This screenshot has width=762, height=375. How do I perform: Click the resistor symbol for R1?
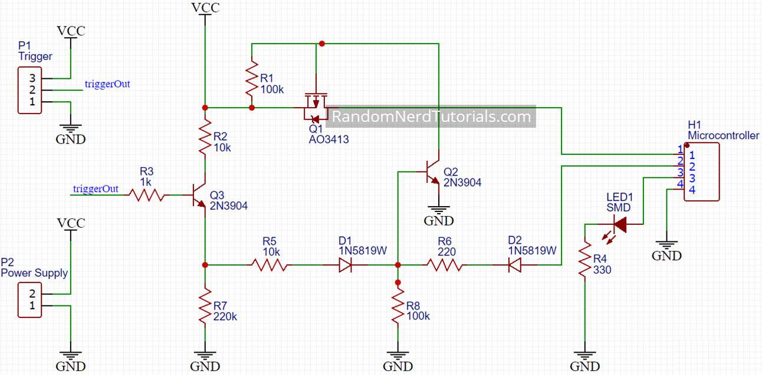tap(252, 78)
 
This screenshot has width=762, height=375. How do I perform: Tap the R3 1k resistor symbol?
tap(146, 194)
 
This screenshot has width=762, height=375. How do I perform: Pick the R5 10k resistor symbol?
tap(270, 265)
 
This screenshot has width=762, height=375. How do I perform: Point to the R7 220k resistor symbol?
tap(204, 306)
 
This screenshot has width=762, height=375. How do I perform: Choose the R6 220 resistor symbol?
tap(445, 265)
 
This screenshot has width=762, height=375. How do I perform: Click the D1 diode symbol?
tap(346, 265)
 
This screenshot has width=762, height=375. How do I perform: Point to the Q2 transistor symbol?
tap(433, 172)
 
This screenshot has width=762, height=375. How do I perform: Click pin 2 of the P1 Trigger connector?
tap(32, 90)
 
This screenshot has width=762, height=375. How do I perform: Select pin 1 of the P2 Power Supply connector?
tap(32, 306)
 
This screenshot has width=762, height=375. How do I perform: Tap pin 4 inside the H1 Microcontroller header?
tap(692, 190)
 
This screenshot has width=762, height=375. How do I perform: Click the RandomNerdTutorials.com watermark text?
tap(431, 117)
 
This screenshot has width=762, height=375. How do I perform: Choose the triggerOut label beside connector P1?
tap(107, 84)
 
